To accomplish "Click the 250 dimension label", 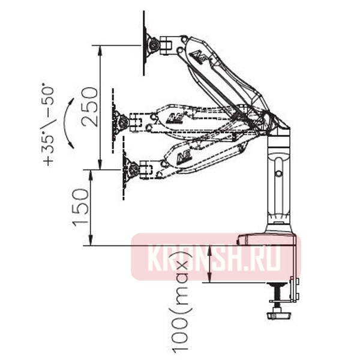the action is pyautogui.click(x=90, y=107).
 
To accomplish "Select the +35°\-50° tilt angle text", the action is pyautogui.click(x=49, y=126).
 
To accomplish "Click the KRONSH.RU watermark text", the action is pyautogui.click(x=214, y=257).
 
